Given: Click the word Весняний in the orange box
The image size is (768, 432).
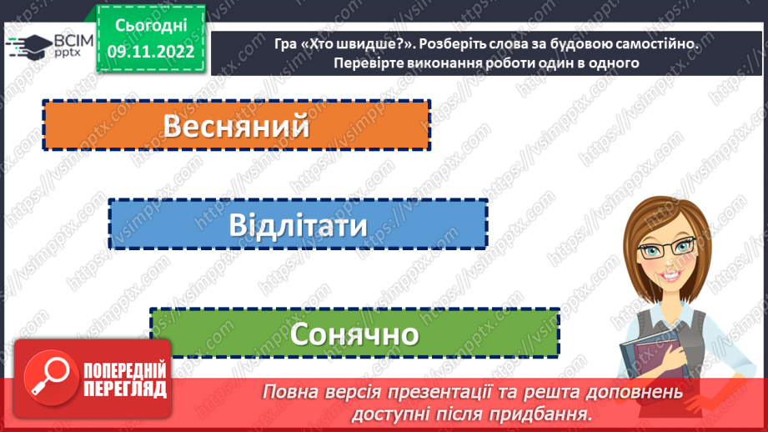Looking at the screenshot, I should [236, 126].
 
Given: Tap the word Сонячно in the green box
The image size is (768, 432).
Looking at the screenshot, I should [354, 334].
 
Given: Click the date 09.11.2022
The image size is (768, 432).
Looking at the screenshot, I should [150, 52].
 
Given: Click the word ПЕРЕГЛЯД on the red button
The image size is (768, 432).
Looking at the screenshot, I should [125, 389].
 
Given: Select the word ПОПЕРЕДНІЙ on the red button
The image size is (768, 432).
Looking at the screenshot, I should [125, 369].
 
